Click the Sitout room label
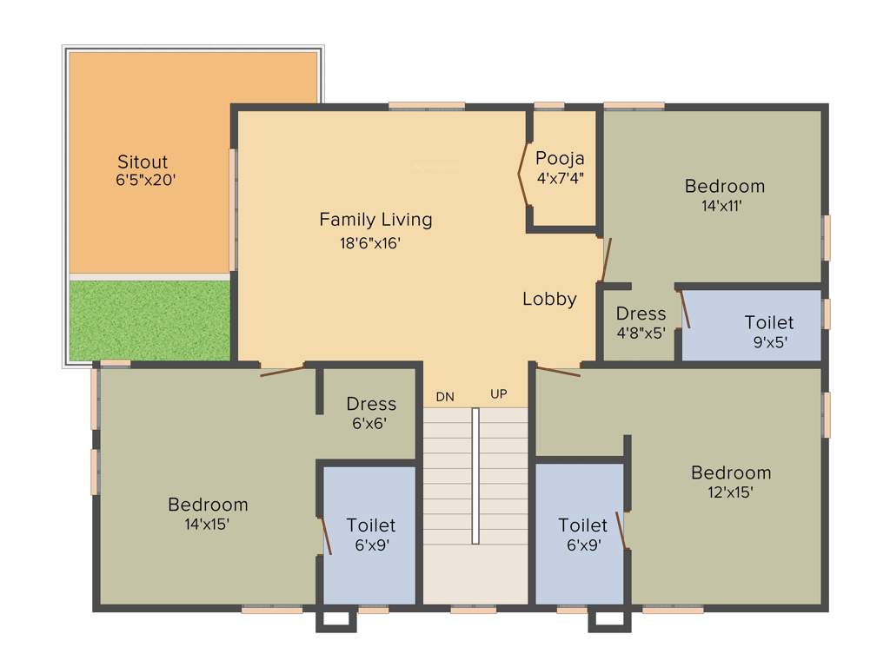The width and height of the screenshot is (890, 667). pos(143,162)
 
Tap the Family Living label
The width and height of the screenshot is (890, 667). pos(375,220)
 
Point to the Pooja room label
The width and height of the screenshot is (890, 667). pos(560,159)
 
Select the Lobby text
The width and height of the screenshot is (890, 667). pos(549,300)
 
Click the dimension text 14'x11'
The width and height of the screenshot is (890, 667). pos(724,207)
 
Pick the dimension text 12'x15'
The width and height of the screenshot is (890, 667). pos(730,492)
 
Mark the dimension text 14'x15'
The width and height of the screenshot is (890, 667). pos(207,525)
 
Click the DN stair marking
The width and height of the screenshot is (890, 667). pos(445,397)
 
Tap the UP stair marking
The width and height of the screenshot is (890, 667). pos(498,394)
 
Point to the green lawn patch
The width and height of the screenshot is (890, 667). pos(149,320)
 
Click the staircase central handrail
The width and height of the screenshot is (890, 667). pos(475,476)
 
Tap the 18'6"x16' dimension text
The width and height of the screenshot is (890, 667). pos(370,244)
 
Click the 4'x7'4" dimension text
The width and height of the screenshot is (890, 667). pos(561,179)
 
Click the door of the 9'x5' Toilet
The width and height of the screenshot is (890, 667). pos(685,310)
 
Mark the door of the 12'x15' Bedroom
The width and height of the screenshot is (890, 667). pos(558,372)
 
